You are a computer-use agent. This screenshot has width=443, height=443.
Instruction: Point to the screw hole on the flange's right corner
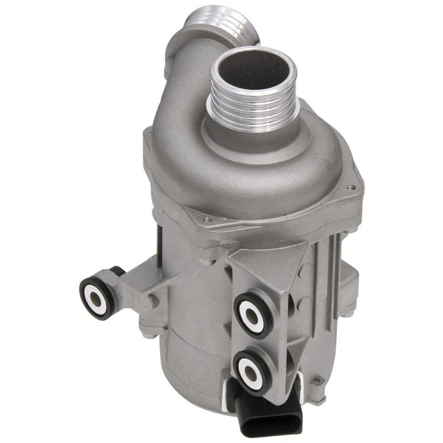click(x=351, y=188)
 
